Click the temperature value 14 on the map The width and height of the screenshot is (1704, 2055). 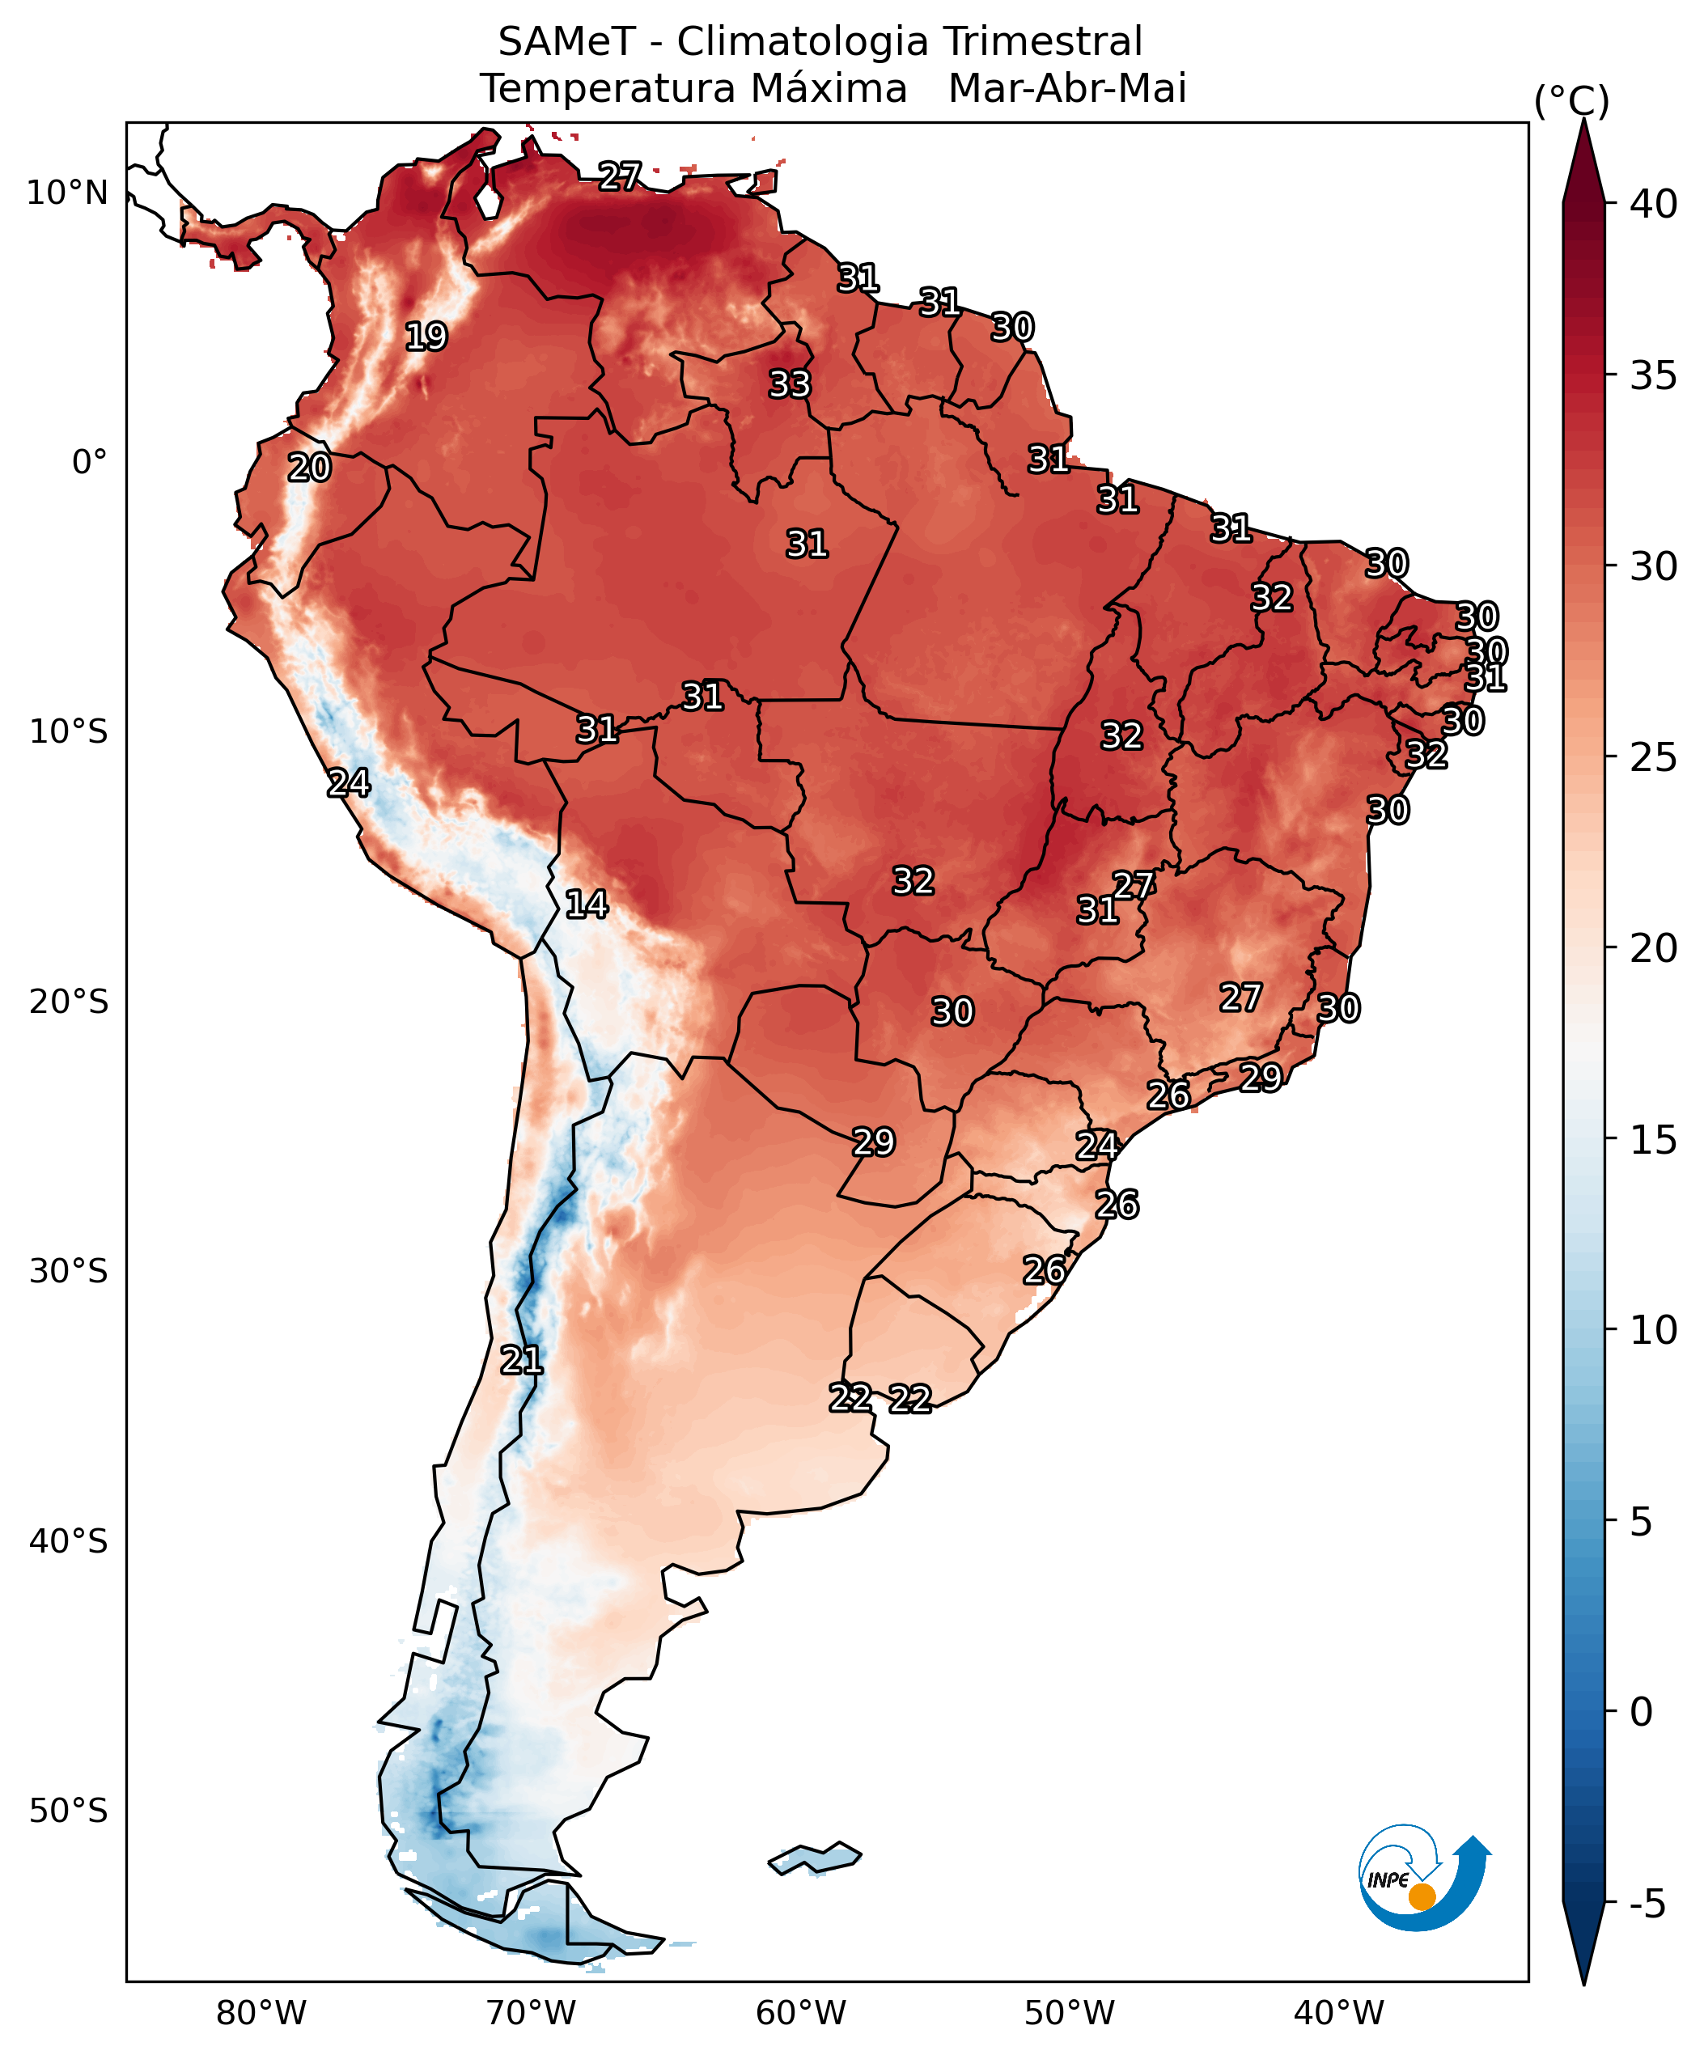(x=587, y=905)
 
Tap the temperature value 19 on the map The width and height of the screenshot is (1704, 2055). (x=426, y=337)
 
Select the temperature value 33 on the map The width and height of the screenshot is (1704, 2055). (x=789, y=384)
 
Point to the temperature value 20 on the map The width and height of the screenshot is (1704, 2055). (x=309, y=468)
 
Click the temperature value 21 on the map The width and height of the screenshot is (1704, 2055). (x=521, y=1360)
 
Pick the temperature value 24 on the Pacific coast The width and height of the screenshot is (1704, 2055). (x=349, y=783)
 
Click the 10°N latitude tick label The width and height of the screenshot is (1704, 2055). (x=67, y=193)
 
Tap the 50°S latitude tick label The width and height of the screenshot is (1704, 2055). (x=67, y=1811)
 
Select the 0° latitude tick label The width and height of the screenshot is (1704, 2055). (x=89, y=462)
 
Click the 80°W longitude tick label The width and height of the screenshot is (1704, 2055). (x=261, y=2014)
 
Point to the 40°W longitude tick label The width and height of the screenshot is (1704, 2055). (x=1339, y=2014)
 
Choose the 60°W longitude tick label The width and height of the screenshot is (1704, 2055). (x=800, y=2014)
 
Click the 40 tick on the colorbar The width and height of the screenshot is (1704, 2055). (x=1653, y=205)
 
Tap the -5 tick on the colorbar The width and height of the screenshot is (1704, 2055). (x=1647, y=1905)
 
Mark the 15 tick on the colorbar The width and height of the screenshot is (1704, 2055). (x=1653, y=1140)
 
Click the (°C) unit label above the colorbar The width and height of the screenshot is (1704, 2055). (x=1570, y=101)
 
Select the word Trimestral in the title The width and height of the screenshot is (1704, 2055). (x=1042, y=42)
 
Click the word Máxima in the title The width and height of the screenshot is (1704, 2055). (x=829, y=89)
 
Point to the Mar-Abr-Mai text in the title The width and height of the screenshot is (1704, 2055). (x=1067, y=89)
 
